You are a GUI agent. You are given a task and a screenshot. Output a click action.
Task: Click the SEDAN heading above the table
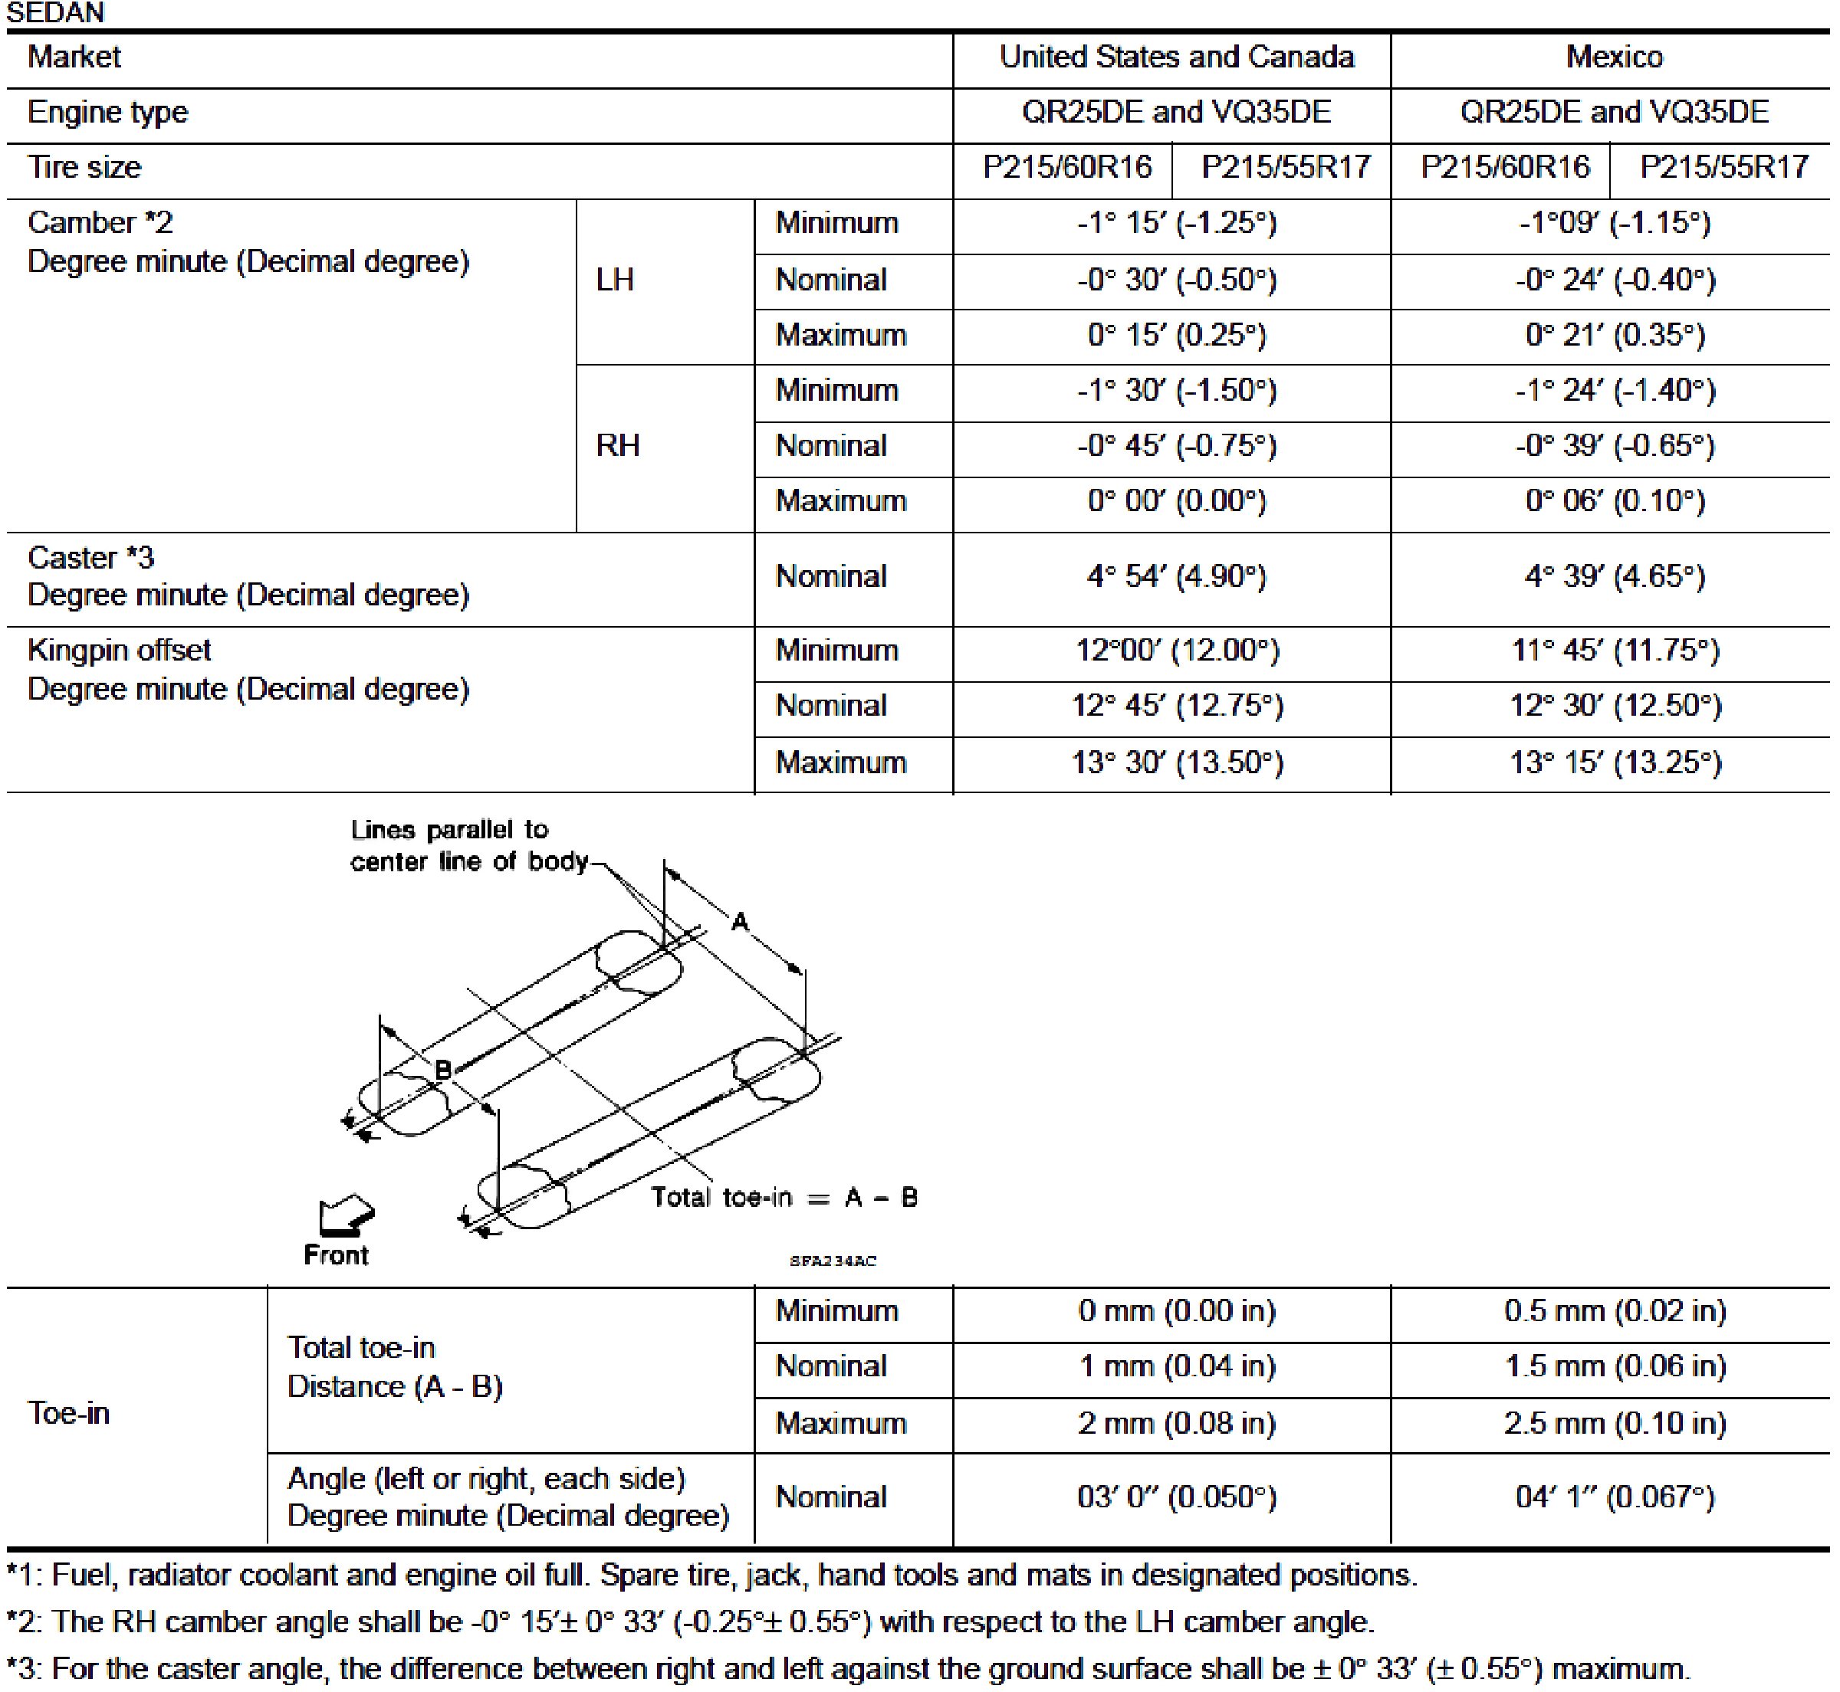(55, 13)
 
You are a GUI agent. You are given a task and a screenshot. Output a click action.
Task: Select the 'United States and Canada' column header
(1176, 57)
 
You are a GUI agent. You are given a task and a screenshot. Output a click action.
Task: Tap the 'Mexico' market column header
(1614, 57)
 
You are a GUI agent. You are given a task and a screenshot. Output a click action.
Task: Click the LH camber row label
(615, 280)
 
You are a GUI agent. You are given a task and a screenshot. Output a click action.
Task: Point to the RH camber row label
(617, 446)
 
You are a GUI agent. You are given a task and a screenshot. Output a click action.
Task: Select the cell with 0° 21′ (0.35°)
(1615, 335)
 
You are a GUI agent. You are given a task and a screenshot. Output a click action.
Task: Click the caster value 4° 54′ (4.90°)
(1176, 577)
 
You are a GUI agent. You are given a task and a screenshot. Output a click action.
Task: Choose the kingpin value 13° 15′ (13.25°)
(1615, 762)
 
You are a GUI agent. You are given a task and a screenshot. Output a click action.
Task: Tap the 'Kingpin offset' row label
(119, 650)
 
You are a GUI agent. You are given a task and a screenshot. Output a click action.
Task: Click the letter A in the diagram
(740, 922)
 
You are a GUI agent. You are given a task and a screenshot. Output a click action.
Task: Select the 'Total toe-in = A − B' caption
(784, 1198)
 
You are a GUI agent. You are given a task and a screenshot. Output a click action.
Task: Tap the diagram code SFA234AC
(833, 1261)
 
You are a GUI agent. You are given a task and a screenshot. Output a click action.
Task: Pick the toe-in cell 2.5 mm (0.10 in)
(1615, 1423)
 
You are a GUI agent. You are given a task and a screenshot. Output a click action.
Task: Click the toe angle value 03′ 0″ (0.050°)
(1176, 1497)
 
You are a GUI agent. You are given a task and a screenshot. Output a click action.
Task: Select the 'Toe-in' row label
(69, 1414)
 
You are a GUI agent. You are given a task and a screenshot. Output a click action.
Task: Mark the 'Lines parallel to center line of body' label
(467, 845)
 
